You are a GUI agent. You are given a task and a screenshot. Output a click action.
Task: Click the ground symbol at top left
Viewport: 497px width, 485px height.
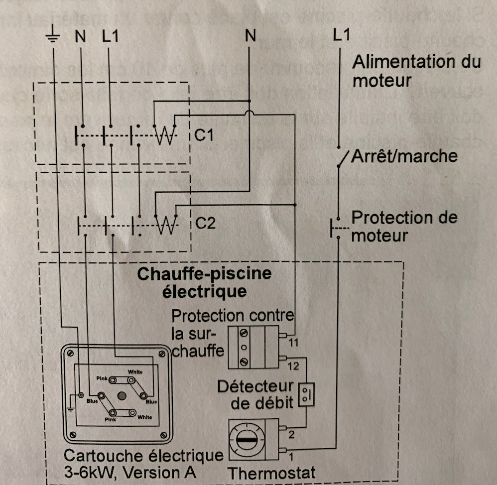53,35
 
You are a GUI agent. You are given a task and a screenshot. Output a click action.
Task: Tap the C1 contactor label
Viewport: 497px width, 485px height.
204,135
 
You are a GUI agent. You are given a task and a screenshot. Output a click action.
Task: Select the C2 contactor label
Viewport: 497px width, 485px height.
205,223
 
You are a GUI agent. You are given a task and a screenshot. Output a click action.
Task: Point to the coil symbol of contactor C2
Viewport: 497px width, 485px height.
165,225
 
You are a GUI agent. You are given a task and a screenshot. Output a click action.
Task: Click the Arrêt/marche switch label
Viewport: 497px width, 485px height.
404,156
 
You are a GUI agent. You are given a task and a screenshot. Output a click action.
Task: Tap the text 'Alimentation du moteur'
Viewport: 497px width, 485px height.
416,71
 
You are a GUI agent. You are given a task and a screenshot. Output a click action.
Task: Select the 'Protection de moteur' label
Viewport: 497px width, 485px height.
403,226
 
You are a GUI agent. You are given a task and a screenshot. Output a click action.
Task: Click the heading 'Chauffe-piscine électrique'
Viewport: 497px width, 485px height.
204,282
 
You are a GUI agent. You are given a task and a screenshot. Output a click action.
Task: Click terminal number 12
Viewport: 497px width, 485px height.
293,366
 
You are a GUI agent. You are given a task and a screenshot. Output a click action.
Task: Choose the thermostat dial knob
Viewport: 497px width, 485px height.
247,440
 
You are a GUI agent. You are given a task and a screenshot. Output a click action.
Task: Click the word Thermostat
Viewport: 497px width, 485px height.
271,473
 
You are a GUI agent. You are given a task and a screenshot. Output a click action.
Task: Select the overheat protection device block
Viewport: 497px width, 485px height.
253,347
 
